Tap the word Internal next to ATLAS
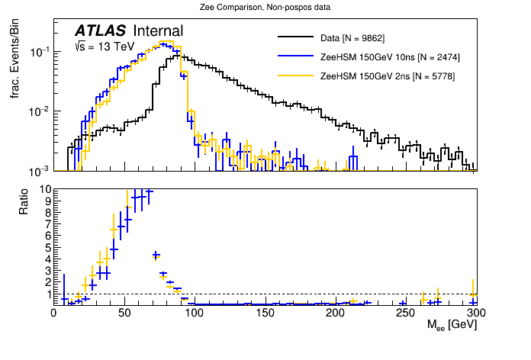[158, 31]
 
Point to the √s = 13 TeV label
[104, 47]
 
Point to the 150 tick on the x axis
[264, 313]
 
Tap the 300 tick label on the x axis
[475, 313]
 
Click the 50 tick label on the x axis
[124, 313]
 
